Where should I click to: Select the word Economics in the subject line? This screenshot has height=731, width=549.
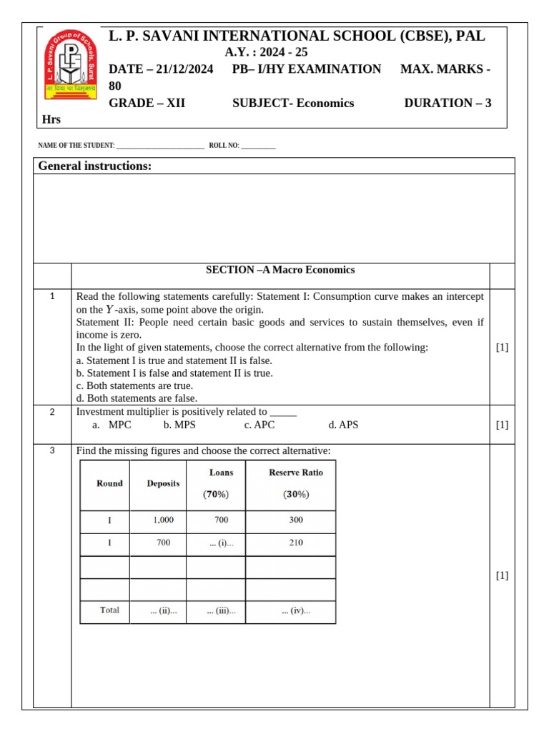click(325, 103)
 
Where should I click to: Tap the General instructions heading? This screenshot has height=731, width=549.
click(94, 166)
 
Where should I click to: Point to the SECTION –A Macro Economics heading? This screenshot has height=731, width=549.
click(280, 270)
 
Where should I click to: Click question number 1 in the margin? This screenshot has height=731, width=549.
click(52, 296)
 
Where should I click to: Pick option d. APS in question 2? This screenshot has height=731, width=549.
click(343, 425)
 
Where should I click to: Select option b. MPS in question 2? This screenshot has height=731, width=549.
click(179, 425)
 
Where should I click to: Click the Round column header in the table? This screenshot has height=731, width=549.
click(109, 483)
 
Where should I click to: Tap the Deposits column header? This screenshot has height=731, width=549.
click(163, 483)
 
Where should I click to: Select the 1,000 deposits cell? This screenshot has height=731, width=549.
click(163, 520)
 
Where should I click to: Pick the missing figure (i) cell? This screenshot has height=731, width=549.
click(222, 543)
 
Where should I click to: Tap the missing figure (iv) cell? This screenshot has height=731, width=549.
click(296, 611)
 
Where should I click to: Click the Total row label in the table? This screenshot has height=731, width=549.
click(109, 610)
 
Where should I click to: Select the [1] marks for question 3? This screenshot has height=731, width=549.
click(502, 575)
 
